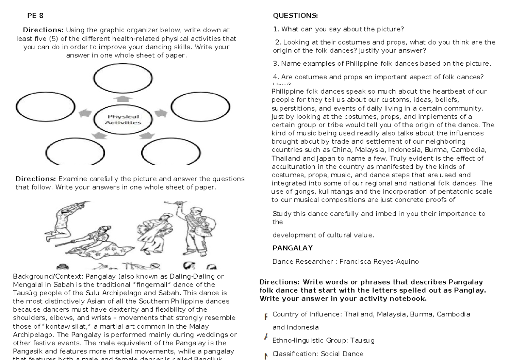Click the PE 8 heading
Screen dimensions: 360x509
(x=35, y=16)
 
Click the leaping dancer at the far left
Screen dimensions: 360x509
(x=64, y=220)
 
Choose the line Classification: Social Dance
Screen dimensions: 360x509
(x=314, y=353)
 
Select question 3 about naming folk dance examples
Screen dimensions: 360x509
(x=382, y=64)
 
